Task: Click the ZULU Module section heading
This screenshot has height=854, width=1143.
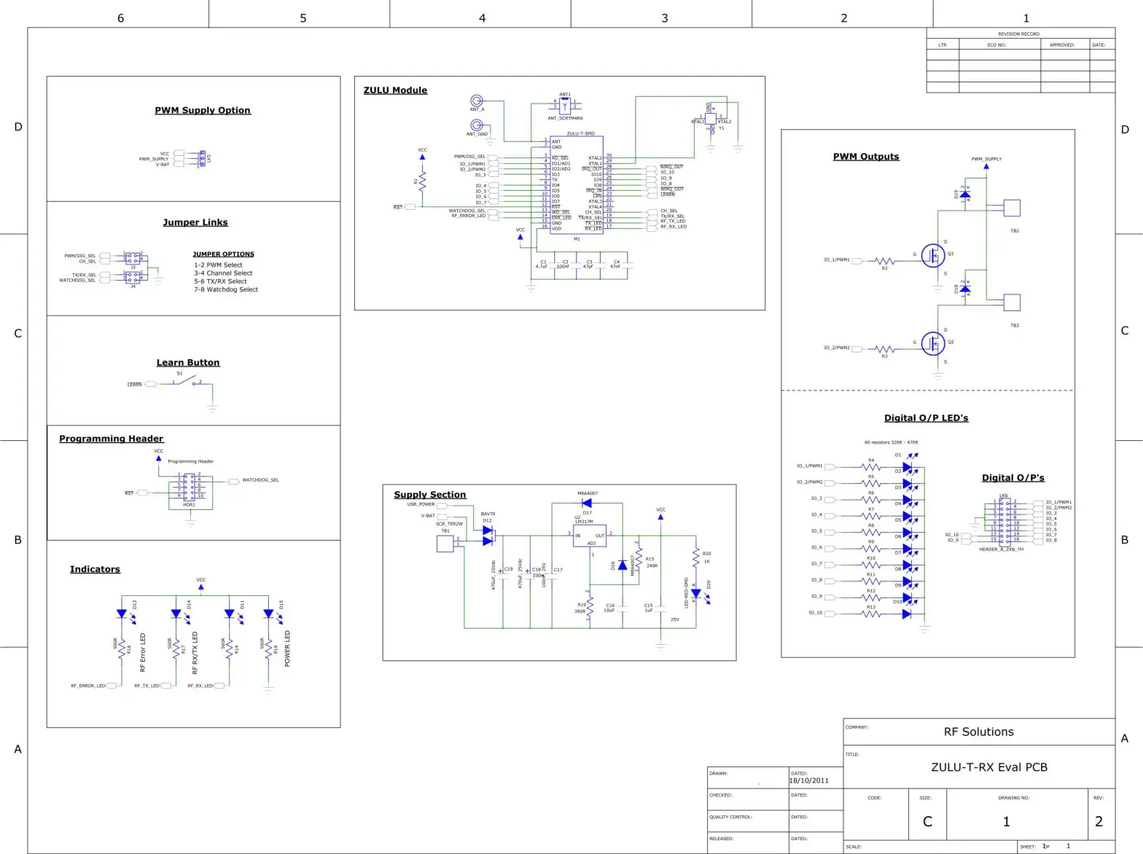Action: click(395, 90)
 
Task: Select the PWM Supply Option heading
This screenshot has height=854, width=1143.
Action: click(203, 111)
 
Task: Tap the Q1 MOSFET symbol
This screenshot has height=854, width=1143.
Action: click(933, 255)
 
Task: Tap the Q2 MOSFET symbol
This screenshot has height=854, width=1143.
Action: click(933, 343)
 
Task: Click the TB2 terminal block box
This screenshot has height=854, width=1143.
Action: click(1012, 208)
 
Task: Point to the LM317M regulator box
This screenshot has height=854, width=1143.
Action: click(590, 536)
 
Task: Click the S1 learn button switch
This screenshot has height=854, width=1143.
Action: click(187, 381)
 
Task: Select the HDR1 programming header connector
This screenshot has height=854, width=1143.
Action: click(190, 486)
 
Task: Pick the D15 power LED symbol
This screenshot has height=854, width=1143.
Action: click(268, 614)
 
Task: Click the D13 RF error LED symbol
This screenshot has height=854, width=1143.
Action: click(122, 614)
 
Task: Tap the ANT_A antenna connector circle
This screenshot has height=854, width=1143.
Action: click(477, 101)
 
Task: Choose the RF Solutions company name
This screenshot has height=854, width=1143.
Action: click(978, 732)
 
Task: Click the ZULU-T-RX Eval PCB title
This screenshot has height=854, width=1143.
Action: click(988, 767)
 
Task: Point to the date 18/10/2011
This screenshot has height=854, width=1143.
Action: click(809, 781)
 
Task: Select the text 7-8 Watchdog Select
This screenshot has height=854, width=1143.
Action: click(226, 290)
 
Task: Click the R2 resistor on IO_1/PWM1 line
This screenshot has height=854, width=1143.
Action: click(885, 261)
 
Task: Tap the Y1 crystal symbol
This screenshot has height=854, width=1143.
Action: click(711, 118)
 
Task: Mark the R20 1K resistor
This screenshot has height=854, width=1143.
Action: click(696, 557)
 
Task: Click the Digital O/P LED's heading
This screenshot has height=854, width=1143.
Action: click(926, 418)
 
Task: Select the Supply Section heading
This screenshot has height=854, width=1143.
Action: click(430, 495)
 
